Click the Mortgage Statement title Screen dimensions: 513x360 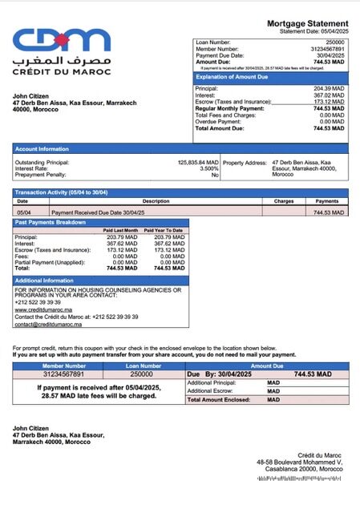[308, 23]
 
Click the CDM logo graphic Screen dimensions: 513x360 [61, 40]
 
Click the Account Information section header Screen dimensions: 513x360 [42, 148]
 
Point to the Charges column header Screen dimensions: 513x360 [284, 201]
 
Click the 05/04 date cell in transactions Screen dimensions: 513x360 [23, 212]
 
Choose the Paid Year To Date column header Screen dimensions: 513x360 [164, 230]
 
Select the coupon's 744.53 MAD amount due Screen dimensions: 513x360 [313, 374]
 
